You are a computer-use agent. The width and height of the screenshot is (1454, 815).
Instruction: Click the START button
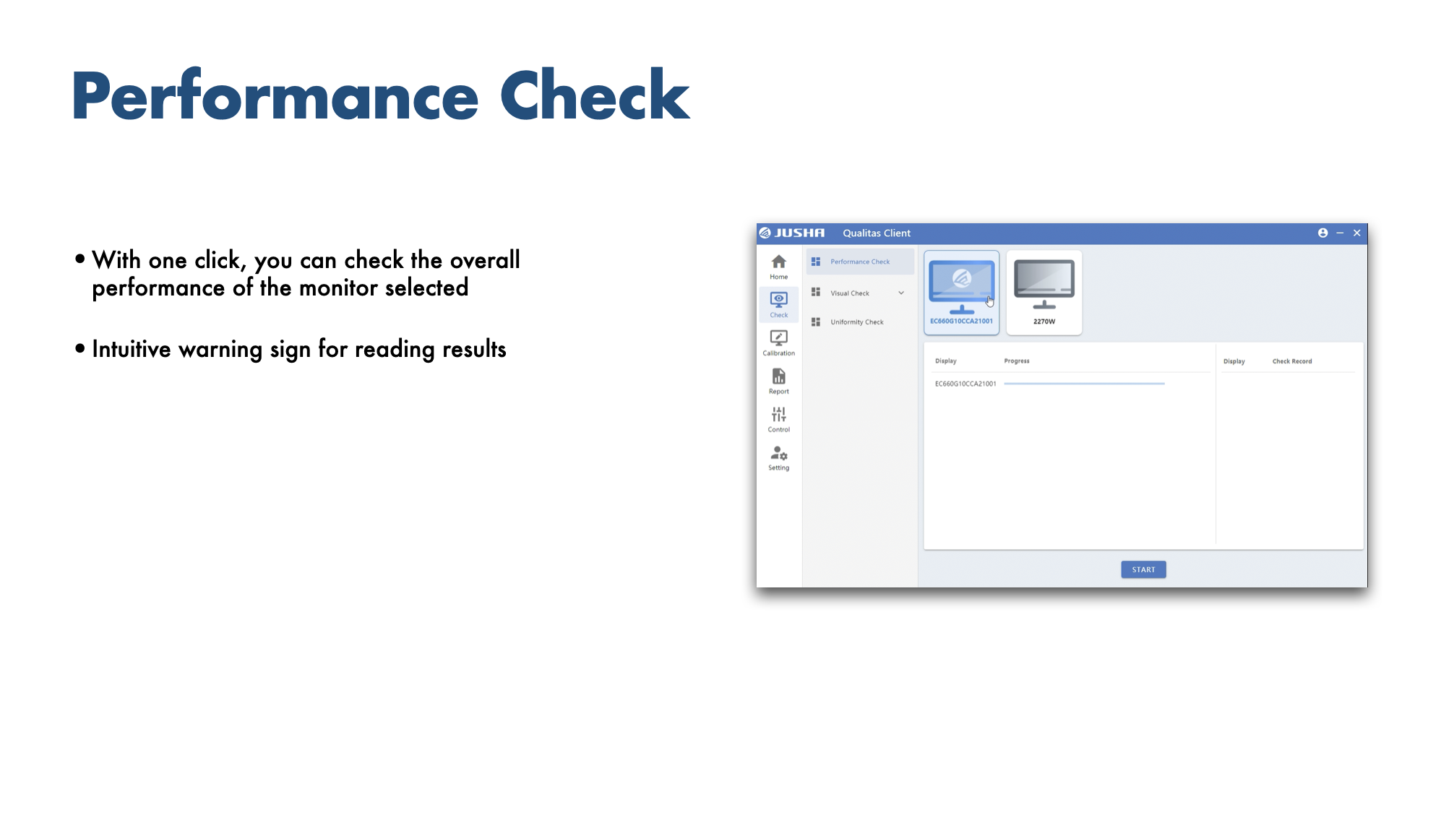point(1143,569)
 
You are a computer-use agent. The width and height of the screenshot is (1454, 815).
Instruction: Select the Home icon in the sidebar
point(778,262)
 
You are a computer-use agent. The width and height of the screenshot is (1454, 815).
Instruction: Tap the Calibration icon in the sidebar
point(778,337)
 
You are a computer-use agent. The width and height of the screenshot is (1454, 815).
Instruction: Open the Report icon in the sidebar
point(778,376)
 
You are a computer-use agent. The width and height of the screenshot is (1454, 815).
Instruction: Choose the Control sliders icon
point(778,414)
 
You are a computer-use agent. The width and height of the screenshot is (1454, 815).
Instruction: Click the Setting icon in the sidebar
point(778,453)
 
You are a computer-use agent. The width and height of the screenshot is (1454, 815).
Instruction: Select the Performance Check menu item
point(860,262)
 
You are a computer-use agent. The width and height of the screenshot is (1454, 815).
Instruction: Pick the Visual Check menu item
point(850,293)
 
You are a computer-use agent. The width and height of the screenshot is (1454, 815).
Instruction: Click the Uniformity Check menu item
point(857,322)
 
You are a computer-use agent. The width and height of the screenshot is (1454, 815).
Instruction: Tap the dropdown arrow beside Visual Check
point(901,293)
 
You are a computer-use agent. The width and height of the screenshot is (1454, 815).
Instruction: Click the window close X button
point(1357,233)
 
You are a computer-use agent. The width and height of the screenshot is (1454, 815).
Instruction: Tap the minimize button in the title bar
point(1340,233)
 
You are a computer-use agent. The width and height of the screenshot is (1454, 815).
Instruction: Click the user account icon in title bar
point(1322,233)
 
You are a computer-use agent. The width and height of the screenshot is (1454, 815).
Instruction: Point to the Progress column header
point(1017,361)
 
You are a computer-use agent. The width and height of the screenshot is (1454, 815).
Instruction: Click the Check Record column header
point(1292,361)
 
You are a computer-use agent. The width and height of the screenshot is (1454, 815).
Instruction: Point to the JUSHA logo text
point(799,233)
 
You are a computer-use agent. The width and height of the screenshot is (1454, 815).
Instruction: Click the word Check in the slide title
point(595,95)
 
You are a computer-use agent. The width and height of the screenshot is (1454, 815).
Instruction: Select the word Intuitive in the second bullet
point(131,349)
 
